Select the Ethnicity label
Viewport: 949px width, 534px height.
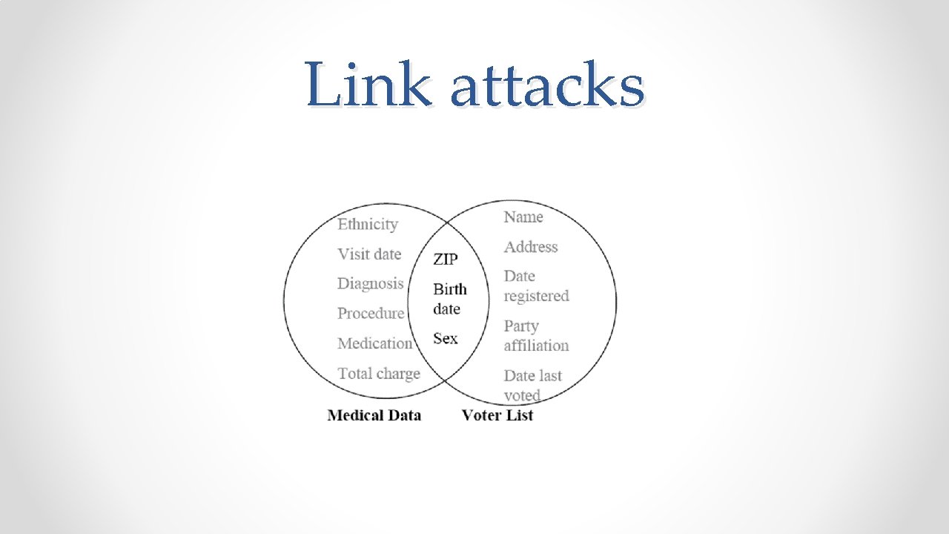(x=368, y=224)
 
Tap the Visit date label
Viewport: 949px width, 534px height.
(x=369, y=254)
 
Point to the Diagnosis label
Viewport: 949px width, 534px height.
(x=370, y=283)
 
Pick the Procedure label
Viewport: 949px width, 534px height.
(x=371, y=313)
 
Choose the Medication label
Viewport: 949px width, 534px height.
(x=374, y=343)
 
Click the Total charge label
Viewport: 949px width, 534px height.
(x=378, y=373)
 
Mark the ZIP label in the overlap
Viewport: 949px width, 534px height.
(x=446, y=259)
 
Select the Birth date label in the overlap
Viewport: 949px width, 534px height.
(x=449, y=299)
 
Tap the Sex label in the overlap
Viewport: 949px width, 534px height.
(x=445, y=338)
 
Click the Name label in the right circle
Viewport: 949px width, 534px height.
(x=523, y=217)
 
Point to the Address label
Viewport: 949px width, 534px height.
(x=530, y=247)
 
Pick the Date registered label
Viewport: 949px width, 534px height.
(x=535, y=286)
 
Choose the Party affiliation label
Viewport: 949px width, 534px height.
(x=535, y=335)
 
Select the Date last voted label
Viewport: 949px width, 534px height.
(x=532, y=385)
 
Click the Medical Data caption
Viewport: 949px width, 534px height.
(x=374, y=415)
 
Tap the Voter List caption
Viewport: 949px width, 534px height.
(x=497, y=415)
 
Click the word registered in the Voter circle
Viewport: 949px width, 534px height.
(x=536, y=296)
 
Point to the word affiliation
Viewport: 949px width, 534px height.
(x=536, y=346)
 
